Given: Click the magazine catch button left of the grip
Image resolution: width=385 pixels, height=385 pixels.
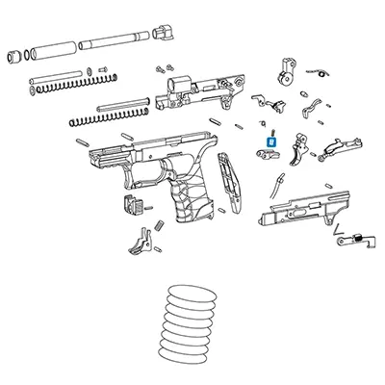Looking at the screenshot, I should [130, 204].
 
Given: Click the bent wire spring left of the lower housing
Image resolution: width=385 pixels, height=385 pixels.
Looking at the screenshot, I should [278, 183].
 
